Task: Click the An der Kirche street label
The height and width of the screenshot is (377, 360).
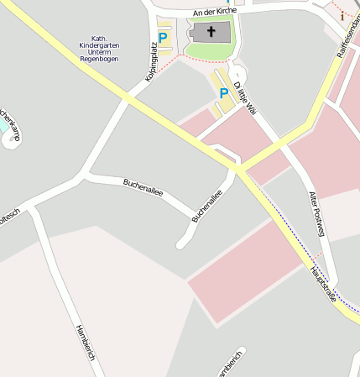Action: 215,13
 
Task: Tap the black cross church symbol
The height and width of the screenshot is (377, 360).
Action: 211,34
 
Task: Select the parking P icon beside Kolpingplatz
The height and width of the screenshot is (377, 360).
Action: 163,38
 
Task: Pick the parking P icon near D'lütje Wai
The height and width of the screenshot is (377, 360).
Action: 223,93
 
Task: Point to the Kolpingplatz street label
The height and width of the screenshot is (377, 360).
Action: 151,65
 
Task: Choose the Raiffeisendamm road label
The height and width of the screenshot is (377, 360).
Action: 346,38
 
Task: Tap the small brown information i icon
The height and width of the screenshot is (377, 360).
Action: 342,15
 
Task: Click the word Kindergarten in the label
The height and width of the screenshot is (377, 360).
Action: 97,45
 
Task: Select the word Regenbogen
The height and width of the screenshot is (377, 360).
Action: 99,60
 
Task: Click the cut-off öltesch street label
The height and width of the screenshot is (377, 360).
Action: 8,217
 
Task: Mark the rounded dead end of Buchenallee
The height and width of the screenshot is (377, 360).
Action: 180,244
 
